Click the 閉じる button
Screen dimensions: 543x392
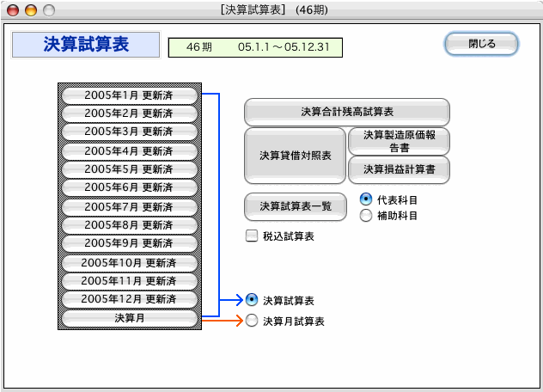481,44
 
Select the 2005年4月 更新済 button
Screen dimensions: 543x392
130,151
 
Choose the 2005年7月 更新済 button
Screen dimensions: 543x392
130,207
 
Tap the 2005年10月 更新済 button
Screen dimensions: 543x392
130,263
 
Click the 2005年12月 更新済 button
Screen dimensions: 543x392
130,299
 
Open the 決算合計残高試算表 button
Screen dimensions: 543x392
347,112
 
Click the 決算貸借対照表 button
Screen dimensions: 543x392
295,156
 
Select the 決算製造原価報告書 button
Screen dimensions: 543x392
399,141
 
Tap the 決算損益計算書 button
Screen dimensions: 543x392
399,169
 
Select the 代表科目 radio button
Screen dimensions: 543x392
366,199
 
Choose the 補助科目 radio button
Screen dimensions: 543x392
366,216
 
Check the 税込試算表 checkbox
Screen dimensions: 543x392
252,236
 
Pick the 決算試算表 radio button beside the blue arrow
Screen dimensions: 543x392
252,300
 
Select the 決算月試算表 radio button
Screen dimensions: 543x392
252,321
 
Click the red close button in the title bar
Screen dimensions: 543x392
13,10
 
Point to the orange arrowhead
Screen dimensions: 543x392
240,321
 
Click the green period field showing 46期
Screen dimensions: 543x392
255,47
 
